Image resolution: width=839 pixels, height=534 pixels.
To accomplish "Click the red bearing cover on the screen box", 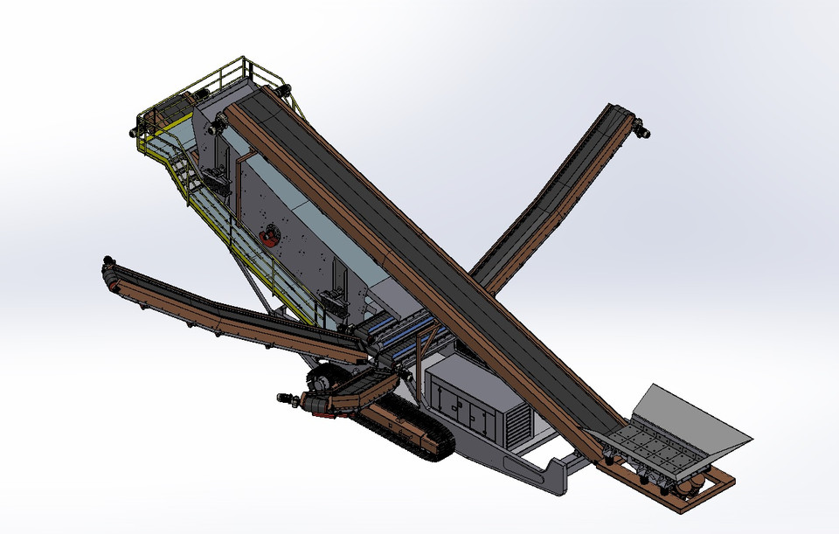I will coord(270,234).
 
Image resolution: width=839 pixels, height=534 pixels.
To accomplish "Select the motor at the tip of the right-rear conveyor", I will coord(642,131).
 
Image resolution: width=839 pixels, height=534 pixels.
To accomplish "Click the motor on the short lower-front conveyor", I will coord(287,399).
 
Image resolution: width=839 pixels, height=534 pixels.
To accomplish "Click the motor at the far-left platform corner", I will coord(135,131).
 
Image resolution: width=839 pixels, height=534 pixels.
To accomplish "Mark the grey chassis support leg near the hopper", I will coord(555,473).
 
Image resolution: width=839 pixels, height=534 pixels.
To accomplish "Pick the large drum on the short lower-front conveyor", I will coord(321,382).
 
